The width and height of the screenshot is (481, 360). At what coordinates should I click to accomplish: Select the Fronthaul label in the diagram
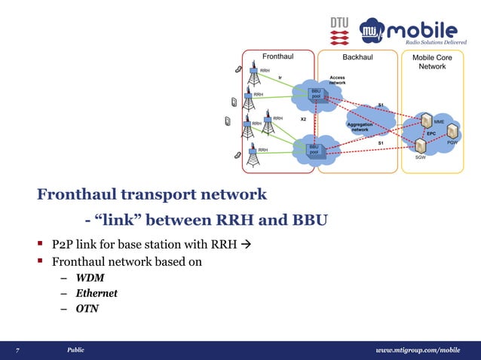(x=277, y=56)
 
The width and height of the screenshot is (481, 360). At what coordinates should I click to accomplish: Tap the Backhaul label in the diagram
(x=357, y=56)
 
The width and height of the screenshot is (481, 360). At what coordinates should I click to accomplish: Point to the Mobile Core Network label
(x=433, y=62)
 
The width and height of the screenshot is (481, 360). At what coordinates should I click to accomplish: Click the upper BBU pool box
(x=316, y=93)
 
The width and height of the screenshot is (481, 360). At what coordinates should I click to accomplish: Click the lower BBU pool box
(x=313, y=148)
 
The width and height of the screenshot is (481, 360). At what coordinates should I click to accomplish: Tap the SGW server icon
(x=420, y=145)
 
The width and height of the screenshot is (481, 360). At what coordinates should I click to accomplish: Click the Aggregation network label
(x=360, y=127)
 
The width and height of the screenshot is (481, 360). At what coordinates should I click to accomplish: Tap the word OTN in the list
(x=86, y=308)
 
